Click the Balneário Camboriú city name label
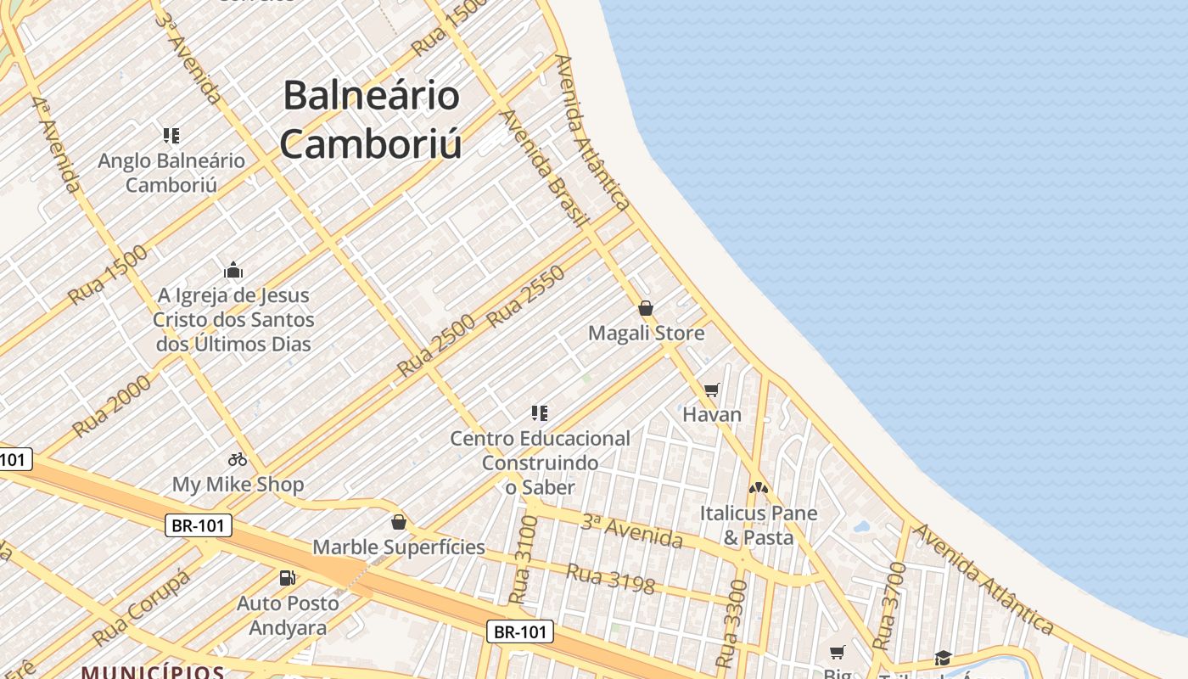[x=372, y=119]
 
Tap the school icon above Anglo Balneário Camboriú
[x=171, y=136]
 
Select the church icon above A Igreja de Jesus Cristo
[x=233, y=271]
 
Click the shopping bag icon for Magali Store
[x=646, y=308]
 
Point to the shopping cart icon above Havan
[x=711, y=390]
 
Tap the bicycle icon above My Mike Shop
[x=238, y=459]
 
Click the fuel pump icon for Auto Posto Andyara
[x=288, y=578]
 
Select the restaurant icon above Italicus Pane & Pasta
[x=758, y=488]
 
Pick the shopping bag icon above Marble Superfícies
[x=399, y=522]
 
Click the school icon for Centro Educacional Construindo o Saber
[x=540, y=413]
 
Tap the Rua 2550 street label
[x=526, y=296]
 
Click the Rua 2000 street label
[x=111, y=406]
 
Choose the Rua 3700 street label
[x=885, y=605]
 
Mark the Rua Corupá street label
[x=141, y=608]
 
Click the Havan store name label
[x=712, y=415]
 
